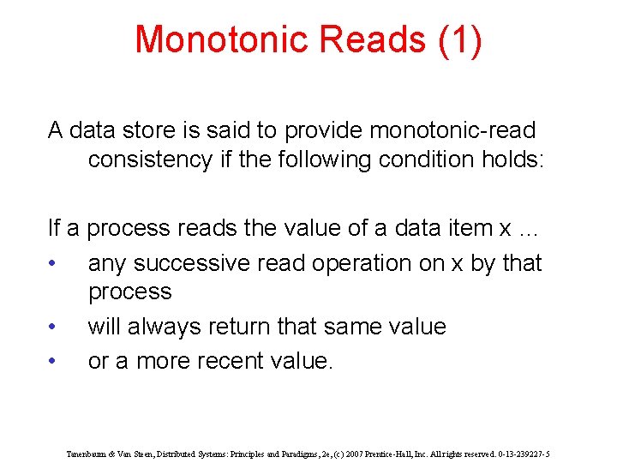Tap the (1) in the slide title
pyautogui.click(x=460, y=40)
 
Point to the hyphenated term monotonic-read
pyautogui.click(x=452, y=130)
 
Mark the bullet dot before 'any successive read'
pyautogui.click(x=53, y=263)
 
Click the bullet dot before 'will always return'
pyautogui.click(x=53, y=327)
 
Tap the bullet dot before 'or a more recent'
pyautogui.click(x=53, y=362)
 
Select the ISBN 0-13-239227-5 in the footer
pyautogui.click(x=520, y=454)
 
